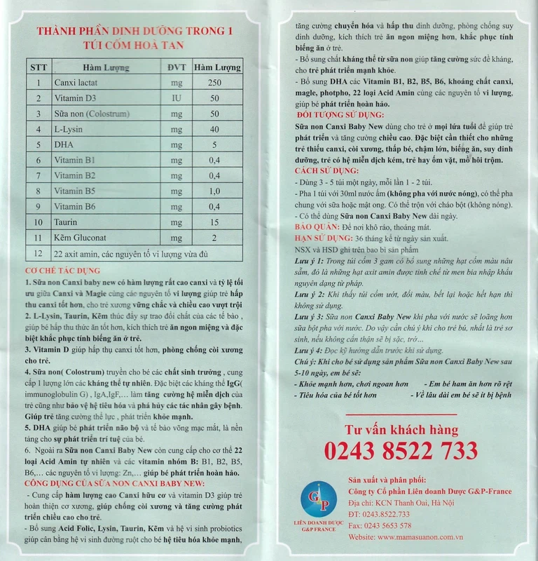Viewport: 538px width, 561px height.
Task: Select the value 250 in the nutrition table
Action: pos(215,83)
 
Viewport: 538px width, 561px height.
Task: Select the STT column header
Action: pos(39,67)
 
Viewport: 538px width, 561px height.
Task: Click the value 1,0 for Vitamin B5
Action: pos(215,190)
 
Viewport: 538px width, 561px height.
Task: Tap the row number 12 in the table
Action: pos(39,252)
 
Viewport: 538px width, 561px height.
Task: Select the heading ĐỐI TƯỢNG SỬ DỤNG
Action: pos(339,111)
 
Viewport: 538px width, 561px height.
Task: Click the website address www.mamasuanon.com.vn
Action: pos(421,536)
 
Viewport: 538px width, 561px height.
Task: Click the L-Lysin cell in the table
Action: pos(71,129)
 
